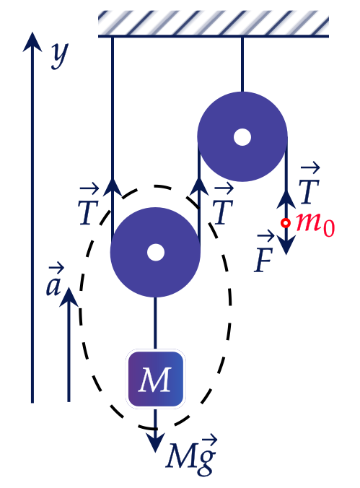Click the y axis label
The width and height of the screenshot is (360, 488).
60,56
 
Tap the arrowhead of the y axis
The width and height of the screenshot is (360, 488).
32,41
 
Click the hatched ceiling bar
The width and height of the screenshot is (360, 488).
214,24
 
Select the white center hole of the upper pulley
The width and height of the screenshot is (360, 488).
242,137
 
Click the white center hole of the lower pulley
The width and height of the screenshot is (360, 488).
155,252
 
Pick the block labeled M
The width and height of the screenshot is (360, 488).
156,379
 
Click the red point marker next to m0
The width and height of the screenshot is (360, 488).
285,223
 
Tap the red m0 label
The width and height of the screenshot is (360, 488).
315,224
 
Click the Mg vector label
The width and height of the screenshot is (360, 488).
191,455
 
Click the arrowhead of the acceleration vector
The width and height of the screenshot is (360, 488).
69,297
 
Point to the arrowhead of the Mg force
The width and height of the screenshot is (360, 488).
155,442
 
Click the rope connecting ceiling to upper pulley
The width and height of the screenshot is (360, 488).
242,64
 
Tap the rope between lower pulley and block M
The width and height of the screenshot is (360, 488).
155,323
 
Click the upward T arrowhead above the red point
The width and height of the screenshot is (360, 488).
286,200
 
